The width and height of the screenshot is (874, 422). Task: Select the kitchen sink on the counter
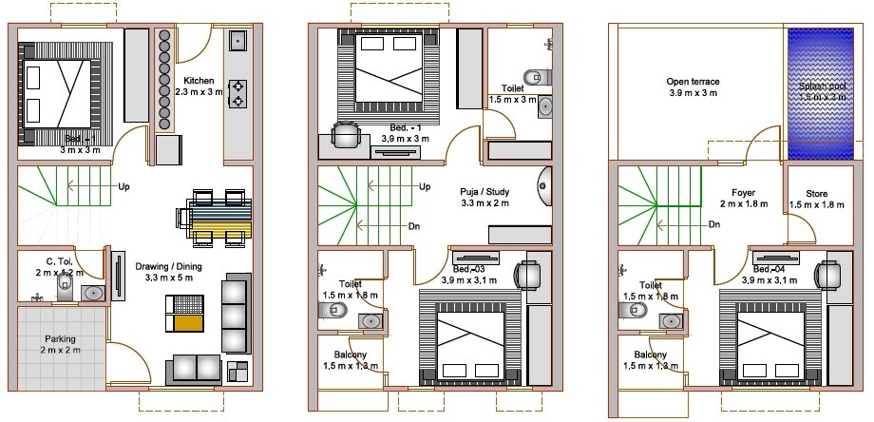pyautogui.click(x=237, y=41)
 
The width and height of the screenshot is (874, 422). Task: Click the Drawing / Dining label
pyautogui.click(x=163, y=272)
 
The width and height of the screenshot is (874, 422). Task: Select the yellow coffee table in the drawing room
pyautogui.click(x=185, y=315)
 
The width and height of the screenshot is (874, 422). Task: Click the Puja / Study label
pyautogui.click(x=484, y=197)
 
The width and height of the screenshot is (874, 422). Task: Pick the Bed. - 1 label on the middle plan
pyautogui.click(x=406, y=133)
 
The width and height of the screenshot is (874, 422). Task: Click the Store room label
pyautogui.click(x=816, y=199)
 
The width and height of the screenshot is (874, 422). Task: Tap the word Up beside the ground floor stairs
pyautogui.click(x=123, y=187)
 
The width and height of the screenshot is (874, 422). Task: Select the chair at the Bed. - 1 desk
pyautogui.click(x=347, y=135)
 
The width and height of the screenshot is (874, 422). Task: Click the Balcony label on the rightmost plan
pyautogui.click(x=651, y=359)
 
